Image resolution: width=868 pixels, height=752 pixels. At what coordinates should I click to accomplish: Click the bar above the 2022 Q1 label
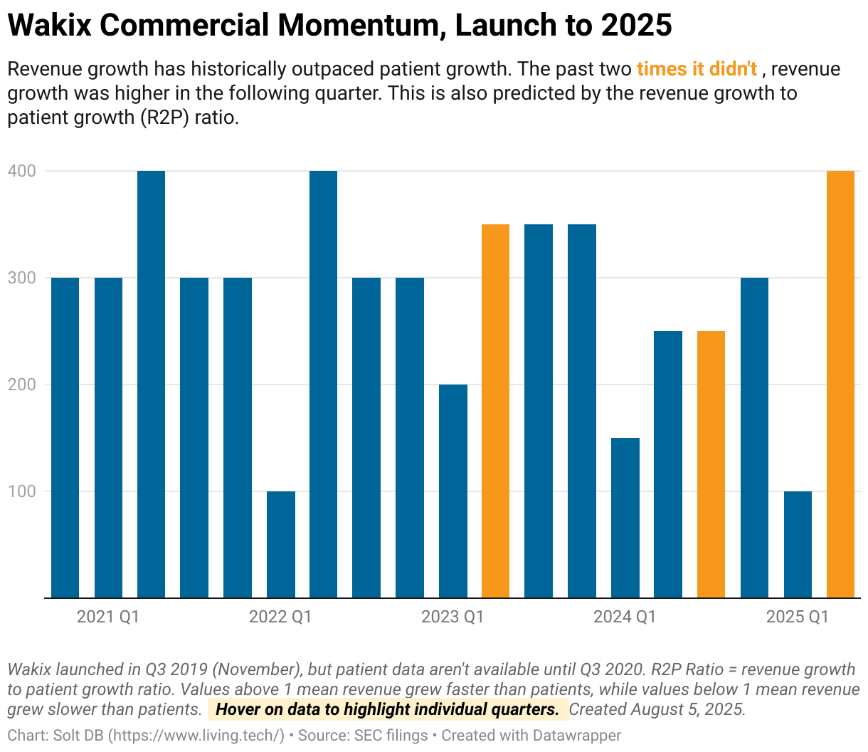[280, 545]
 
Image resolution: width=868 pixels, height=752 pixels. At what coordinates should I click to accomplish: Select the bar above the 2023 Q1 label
[453, 491]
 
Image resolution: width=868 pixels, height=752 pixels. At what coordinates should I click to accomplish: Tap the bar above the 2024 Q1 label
[625, 518]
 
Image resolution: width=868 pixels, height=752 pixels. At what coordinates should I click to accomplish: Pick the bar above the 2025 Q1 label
[798, 545]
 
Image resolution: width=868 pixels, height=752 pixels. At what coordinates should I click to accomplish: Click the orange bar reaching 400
[840, 385]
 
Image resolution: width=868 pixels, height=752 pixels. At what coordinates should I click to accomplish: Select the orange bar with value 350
[496, 411]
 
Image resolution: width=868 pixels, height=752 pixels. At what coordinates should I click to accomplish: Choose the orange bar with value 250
[711, 464]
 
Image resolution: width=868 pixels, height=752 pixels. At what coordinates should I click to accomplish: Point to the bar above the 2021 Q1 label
[108, 438]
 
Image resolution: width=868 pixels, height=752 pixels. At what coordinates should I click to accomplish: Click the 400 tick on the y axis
[22, 171]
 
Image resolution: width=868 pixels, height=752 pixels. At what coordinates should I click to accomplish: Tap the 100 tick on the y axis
[22, 491]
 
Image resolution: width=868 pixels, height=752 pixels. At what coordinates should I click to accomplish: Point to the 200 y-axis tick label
[22, 385]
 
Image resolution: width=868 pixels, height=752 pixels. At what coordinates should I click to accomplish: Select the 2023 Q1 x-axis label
[452, 617]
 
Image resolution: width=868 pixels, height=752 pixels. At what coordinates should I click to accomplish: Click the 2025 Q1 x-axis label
[797, 617]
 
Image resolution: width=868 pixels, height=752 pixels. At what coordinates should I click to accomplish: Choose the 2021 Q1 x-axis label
[108, 617]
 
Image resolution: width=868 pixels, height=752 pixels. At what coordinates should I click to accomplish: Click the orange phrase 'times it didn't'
[697, 69]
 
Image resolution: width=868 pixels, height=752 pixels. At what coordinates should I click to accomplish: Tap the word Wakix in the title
[49, 26]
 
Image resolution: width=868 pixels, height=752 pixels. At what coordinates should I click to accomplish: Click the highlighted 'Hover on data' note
[387, 709]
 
